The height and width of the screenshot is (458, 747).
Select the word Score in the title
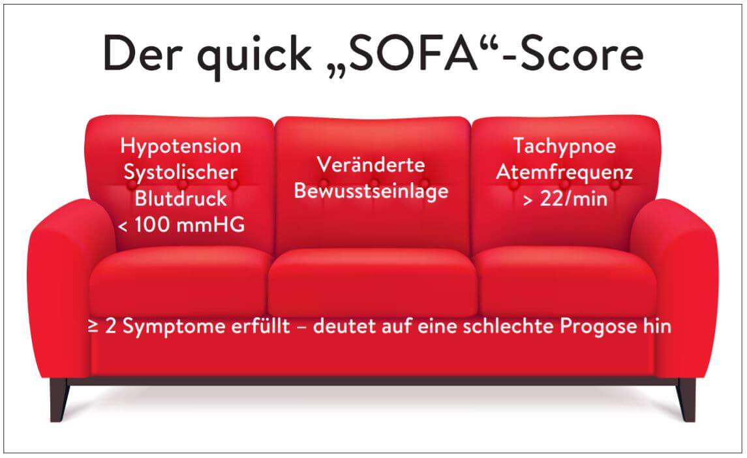(582, 53)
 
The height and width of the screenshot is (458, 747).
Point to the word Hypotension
(181, 147)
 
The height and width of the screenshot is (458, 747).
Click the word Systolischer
(181, 173)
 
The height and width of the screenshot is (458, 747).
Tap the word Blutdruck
(181, 198)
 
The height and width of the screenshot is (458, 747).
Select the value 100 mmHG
(190, 224)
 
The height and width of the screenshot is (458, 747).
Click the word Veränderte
(371, 165)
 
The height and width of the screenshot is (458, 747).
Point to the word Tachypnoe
(564, 147)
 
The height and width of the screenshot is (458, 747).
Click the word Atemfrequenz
(564, 172)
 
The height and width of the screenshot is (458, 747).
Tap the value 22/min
(573, 198)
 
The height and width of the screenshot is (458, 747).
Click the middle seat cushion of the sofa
(373, 281)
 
